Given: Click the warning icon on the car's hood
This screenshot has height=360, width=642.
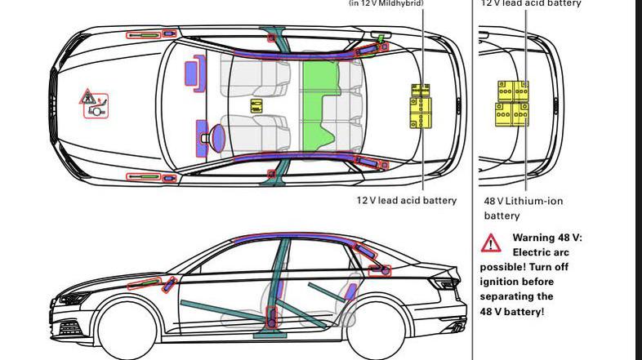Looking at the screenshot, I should coord(94,104).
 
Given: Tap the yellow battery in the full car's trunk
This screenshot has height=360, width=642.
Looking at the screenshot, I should coord(420,105).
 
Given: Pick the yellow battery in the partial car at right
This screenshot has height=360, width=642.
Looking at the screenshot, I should coord(511,103).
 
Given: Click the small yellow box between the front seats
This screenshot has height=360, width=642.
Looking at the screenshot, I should coord(256,106).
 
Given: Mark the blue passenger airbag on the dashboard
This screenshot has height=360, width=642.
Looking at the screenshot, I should coord(193,73).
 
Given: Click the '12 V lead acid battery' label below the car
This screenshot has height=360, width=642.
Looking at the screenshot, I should coord(406,200).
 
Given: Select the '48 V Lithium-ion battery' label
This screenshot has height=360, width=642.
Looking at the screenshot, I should coord(523,208).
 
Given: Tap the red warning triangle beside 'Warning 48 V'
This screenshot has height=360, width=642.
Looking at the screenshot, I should coord(491,243).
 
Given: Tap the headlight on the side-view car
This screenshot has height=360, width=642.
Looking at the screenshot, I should coord(71,299).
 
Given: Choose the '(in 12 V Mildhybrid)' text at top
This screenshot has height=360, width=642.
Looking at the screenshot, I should coord(386,3).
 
